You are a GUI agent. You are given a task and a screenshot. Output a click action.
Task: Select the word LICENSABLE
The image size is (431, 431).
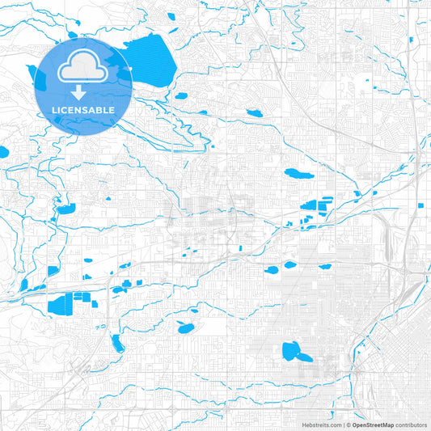84,109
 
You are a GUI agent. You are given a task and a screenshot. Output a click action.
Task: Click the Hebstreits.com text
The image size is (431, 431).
319,425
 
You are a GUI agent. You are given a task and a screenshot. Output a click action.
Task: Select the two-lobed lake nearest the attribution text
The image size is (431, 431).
296,352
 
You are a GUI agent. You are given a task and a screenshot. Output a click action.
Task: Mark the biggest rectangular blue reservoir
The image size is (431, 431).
59,305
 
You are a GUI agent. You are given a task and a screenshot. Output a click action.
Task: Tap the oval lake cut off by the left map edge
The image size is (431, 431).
3,151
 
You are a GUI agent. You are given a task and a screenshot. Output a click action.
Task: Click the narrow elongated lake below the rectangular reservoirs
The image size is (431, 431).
118,343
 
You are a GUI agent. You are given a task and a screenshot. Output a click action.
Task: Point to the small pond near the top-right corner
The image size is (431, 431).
411,40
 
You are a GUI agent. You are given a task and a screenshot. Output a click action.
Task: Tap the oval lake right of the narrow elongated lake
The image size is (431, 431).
186,328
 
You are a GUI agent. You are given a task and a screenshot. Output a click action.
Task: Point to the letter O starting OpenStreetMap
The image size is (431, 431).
353,425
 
